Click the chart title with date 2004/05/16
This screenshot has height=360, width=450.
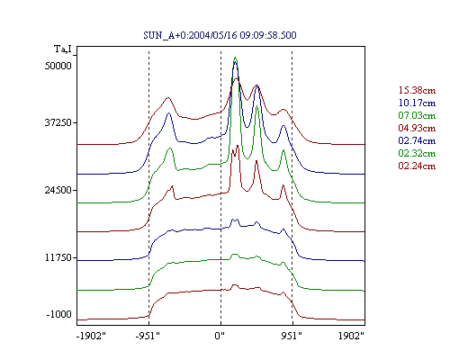tap(220, 35)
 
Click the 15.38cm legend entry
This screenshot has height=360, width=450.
tap(417, 90)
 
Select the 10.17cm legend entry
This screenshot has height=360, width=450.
tap(417, 103)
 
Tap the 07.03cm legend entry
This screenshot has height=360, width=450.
tap(417, 115)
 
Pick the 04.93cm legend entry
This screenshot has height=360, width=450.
tap(417, 128)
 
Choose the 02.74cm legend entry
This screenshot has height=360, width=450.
tap(417, 140)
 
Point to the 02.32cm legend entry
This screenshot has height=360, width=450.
tap(417, 153)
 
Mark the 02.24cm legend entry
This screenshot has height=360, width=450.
tap(417, 166)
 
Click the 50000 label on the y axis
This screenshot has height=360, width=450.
tap(58, 66)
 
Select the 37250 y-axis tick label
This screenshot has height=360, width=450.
tap(58, 122)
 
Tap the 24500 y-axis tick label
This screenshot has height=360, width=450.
tap(58, 190)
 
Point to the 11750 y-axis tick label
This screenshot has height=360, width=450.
tap(58, 257)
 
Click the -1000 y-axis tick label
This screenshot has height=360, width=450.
tap(59, 314)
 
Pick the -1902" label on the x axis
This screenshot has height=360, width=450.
tap(91, 336)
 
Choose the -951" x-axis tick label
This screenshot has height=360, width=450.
tap(148, 336)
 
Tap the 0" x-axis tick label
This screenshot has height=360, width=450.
tap(220, 336)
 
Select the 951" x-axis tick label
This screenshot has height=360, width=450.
tap(292, 336)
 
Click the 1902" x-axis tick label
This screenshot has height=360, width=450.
tap(351, 336)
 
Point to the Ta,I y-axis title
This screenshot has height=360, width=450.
tap(63, 49)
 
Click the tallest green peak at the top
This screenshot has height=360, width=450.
tap(236, 58)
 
